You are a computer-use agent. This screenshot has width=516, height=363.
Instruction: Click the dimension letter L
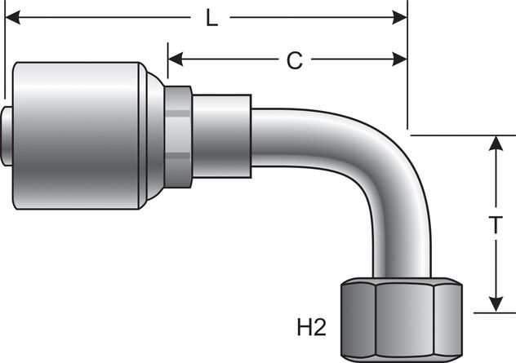[x=211, y=18]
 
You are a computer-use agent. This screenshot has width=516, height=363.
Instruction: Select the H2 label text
[x=310, y=328]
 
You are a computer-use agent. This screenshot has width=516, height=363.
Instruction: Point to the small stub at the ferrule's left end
[x=8, y=135]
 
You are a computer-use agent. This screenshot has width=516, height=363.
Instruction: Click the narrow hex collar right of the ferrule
[x=179, y=135]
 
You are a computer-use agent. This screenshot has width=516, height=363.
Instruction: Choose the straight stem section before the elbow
[x=220, y=135]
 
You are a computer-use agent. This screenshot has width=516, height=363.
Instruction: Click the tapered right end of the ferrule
[x=155, y=135]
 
